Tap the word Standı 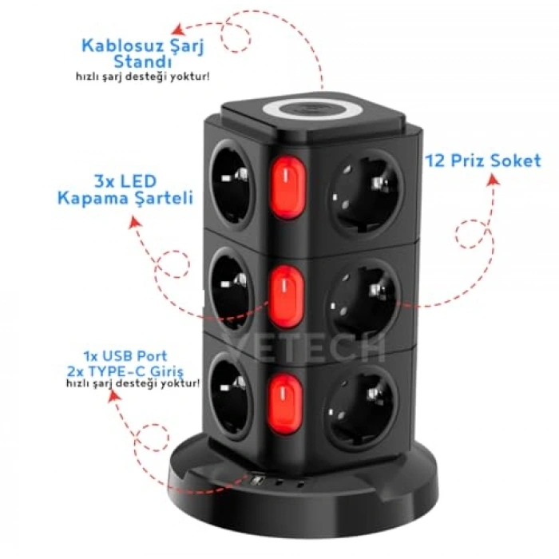143,62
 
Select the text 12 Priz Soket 483,161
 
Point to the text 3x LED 125,181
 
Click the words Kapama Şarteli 125,198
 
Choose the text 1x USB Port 125,356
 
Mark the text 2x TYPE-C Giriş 125,372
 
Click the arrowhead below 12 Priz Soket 494,180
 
